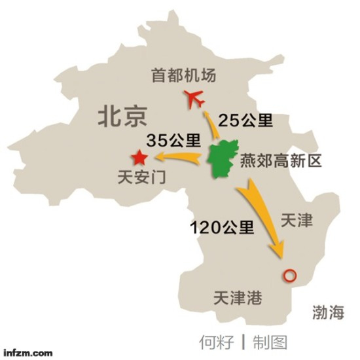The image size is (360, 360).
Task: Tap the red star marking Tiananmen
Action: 139,158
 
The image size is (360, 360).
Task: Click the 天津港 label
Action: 237,300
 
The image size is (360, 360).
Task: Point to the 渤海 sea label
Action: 327,313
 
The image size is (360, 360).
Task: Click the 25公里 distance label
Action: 245,120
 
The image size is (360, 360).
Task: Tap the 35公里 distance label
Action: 173,139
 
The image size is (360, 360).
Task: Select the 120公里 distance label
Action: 222,227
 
